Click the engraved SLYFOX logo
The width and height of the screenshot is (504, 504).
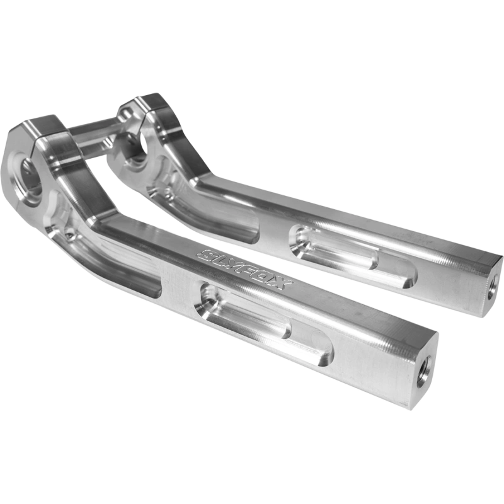point(245,270)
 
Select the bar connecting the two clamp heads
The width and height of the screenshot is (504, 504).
point(94,131)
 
